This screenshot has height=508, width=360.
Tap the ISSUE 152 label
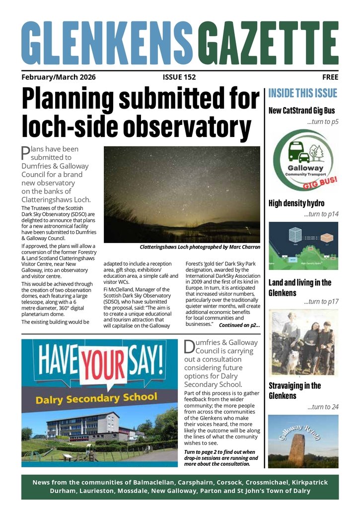click(x=179, y=77)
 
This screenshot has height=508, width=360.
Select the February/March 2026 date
click(x=59, y=77)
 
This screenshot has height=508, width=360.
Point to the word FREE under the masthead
click(x=330, y=77)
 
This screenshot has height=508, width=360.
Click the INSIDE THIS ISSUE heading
click(x=302, y=93)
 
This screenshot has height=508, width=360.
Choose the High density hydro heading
click(x=296, y=203)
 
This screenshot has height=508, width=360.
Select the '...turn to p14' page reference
click(x=321, y=215)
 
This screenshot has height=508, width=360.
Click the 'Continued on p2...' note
click(x=239, y=325)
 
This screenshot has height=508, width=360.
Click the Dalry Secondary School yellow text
click(x=96, y=397)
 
